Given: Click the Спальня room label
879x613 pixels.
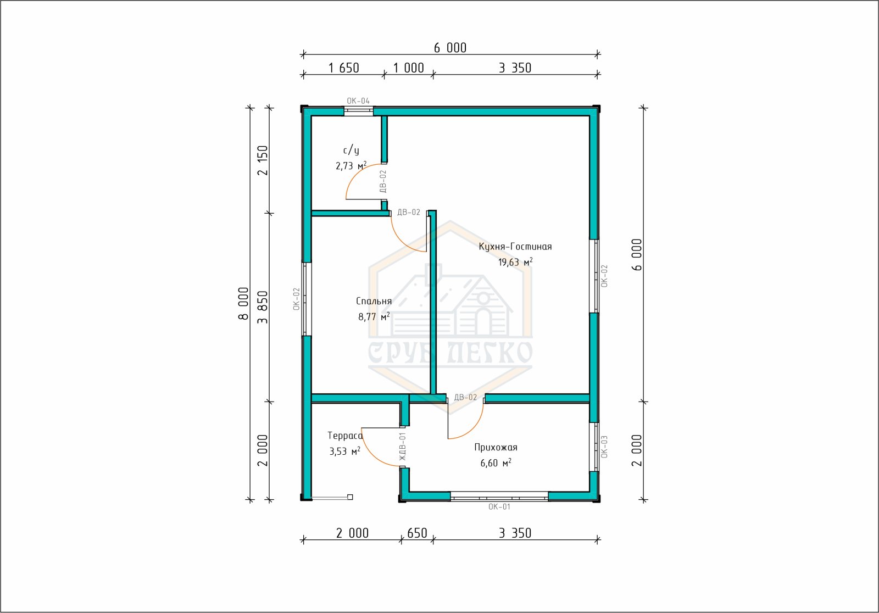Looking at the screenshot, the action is (374, 302).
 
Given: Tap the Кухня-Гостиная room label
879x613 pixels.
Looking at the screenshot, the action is (515, 247).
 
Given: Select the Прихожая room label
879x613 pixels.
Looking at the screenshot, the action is (496, 447).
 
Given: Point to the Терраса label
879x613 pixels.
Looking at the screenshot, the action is (345, 436).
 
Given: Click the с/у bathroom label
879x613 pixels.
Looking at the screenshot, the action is (351, 151).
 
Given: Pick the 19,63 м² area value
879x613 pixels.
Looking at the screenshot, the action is (515, 262).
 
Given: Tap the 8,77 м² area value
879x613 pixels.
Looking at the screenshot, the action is (374, 316).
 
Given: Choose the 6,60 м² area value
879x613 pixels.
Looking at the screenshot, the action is (496, 462).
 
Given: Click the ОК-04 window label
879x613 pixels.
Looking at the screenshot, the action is (358, 101).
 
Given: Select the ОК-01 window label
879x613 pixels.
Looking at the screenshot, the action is (499, 506).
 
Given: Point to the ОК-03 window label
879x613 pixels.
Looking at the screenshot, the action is (604, 447).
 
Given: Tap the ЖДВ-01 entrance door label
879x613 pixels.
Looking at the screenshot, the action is (402, 447).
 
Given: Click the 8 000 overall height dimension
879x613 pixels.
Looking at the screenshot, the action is (243, 304).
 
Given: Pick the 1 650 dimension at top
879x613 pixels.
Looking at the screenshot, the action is (343, 68).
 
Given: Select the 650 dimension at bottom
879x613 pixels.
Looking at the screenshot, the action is (417, 533).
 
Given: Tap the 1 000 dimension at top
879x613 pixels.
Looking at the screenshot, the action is (409, 68).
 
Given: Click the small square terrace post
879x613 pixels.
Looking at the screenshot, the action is (350, 497).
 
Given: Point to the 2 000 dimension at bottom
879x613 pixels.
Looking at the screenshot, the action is (352, 533).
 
